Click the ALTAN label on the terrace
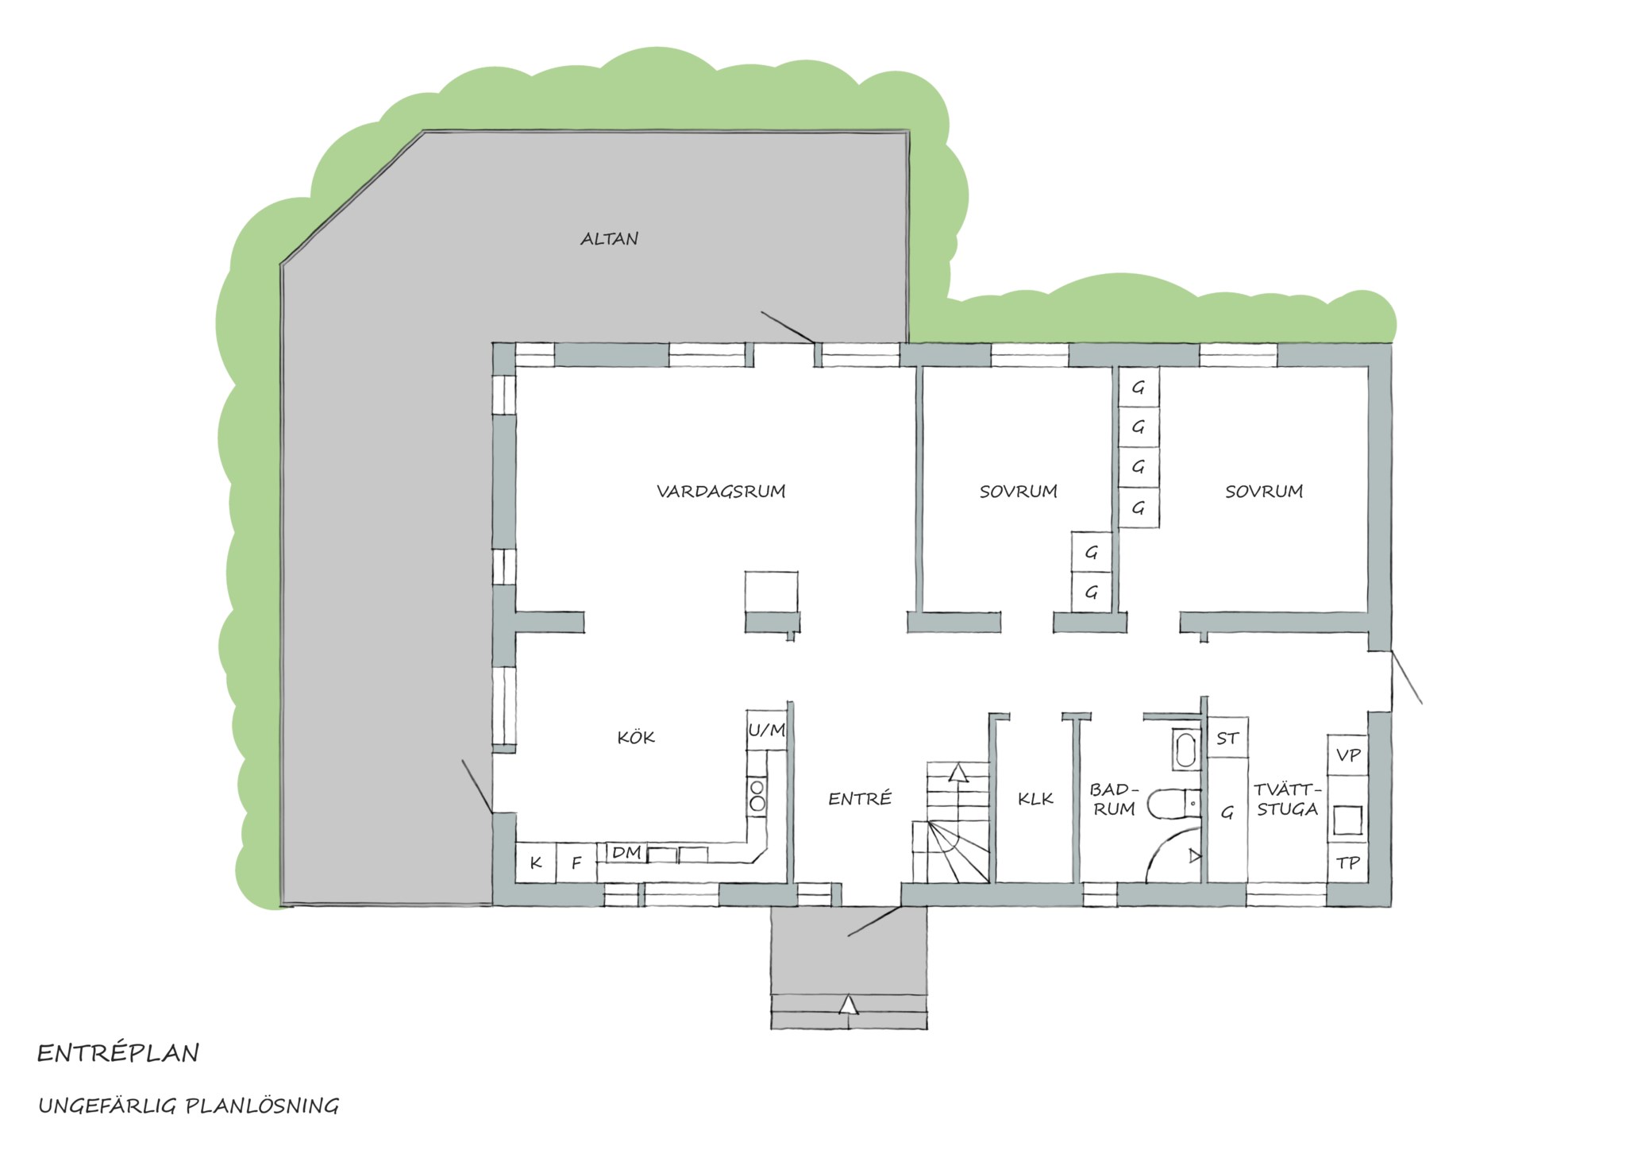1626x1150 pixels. coord(609,238)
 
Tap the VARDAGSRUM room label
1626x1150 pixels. coord(721,491)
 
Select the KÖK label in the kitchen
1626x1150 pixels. coord(636,737)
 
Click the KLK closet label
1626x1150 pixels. coord(1035,799)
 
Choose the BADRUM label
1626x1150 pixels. coord(1113,799)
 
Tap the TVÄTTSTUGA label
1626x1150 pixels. coord(1288,799)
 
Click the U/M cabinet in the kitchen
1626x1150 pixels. coord(766,730)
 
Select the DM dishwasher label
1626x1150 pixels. coord(627,852)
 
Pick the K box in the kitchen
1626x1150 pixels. coord(536,862)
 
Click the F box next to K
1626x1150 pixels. coord(577,862)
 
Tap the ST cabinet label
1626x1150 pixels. coord(1227,738)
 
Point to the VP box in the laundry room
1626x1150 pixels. coord(1348,754)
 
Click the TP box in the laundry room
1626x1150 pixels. coord(1348,862)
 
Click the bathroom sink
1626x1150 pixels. coord(1185,749)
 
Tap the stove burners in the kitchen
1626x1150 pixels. coord(757,795)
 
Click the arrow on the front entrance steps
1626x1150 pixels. coord(849,1005)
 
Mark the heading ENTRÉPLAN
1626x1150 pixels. coord(118,1053)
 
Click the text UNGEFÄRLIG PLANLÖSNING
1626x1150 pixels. coord(189,1106)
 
